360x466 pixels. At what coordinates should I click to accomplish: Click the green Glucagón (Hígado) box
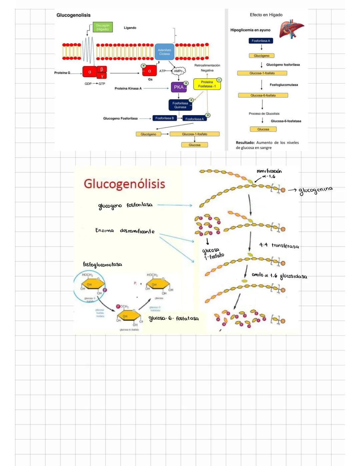(x=103, y=27)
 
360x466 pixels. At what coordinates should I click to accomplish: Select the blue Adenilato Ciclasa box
(x=164, y=52)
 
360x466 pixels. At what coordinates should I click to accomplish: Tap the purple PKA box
(x=179, y=87)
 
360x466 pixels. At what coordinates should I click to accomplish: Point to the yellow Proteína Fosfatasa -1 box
(x=207, y=84)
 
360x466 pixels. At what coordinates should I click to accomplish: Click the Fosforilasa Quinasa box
(x=180, y=105)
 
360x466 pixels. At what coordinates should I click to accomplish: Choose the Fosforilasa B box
(x=164, y=118)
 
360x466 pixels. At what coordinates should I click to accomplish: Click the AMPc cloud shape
(x=178, y=71)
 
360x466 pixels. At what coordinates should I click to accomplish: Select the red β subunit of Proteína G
(x=102, y=69)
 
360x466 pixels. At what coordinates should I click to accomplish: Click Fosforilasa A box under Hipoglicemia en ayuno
(x=261, y=41)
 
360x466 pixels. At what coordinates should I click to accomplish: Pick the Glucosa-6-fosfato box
(x=263, y=95)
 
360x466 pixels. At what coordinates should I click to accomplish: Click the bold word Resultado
(x=245, y=143)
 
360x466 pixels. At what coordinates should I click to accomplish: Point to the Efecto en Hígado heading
(x=266, y=15)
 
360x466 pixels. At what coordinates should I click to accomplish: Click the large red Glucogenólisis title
(x=124, y=184)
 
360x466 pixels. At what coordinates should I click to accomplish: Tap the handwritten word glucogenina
(x=315, y=190)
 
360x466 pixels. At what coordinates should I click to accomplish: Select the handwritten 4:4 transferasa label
(x=279, y=246)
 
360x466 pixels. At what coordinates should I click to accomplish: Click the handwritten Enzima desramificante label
(x=125, y=231)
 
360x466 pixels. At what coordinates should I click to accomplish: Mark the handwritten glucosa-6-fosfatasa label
(x=173, y=319)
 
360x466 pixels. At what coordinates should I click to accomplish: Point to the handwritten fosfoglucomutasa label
(x=102, y=265)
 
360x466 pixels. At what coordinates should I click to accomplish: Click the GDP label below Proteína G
(x=88, y=84)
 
